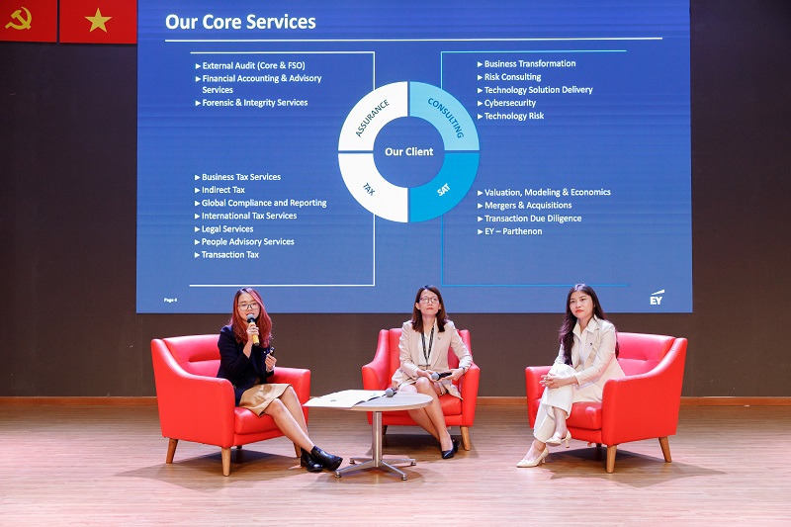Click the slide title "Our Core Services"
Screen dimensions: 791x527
(240, 22)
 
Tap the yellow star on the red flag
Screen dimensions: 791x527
(98, 21)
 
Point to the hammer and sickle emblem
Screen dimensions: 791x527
(19, 18)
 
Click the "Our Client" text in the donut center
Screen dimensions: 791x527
(408, 151)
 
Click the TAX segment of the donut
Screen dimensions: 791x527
(371, 188)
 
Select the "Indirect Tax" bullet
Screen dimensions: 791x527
(220, 190)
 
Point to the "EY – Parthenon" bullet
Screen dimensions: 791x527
(509, 231)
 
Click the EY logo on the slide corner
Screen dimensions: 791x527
(657, 298)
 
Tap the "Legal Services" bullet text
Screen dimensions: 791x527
(223, 228)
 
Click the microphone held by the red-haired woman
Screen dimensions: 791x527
(253, 329)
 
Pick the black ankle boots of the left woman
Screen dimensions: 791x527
(320, 459)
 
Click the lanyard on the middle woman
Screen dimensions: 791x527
(428, 345)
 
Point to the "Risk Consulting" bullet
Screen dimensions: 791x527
(509, 77)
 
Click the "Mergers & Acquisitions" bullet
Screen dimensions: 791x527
(524, 206)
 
